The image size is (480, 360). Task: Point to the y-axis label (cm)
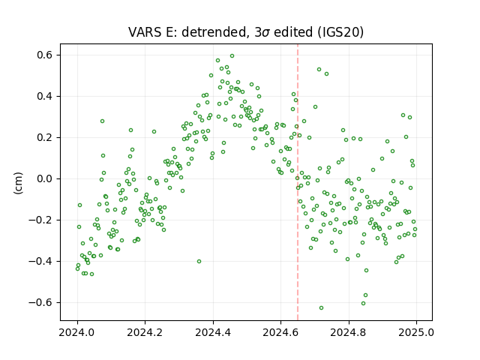click(x=18, y=183)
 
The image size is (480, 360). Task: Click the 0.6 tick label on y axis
click(x=45, y=55)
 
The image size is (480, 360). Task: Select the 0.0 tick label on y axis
click(x=45, y=178)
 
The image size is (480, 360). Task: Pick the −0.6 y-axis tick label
click(x=40, y=302)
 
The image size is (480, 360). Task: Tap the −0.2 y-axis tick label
click(x=40, y=220)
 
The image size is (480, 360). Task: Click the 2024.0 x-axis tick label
click(x=76, y=332)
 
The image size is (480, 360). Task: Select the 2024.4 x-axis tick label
click(x=213, y=332)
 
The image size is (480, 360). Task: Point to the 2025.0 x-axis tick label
click(x=416, y=332)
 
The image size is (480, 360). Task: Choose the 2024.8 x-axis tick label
click(x=348, y=332)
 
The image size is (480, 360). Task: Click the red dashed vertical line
click(x=298, y=182)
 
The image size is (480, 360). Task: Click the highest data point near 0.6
click(x=232, y=56)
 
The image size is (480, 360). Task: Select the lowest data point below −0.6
click(x=321, y=307)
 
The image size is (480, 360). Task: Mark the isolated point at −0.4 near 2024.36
click(x=199, y=262)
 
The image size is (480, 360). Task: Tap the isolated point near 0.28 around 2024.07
click(x=102, y=121)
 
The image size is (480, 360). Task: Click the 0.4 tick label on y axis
click(x=45, y=97)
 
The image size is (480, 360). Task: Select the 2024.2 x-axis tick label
click(x=145, y=332)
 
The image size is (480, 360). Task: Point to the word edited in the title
click(x=293, y=32)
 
